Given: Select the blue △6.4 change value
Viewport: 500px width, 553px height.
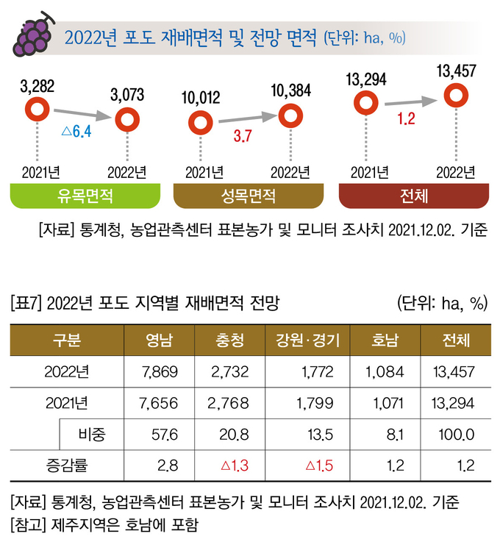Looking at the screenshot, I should (x=76, y=132).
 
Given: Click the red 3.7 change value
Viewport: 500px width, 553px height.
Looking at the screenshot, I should (x=243, y=135).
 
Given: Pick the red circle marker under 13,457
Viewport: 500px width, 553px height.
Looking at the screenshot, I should (x=457, y=95).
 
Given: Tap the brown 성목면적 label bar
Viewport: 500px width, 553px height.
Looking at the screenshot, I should (x=248, y=196).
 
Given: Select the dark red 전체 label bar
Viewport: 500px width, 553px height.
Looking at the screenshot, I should (x=415, y=196).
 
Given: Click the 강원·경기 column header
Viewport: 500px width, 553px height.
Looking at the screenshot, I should (x=308, y=340).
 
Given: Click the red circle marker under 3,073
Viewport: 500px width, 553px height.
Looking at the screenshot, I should (x=127, y=118).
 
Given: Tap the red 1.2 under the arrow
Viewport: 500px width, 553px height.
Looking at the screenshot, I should (x=407, y=118).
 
